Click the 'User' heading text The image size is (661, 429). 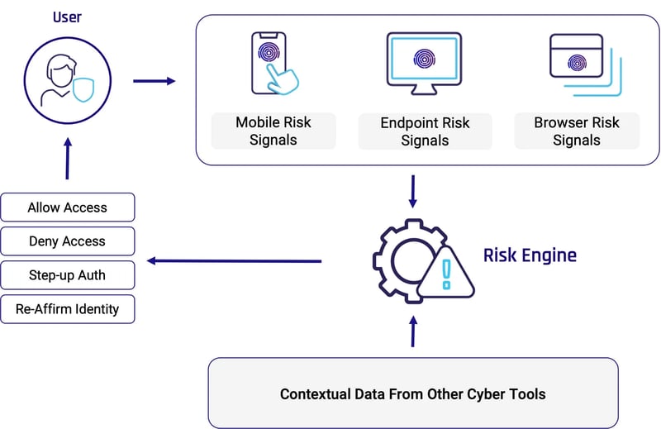(68, 16)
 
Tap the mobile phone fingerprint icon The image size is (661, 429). (273, 61)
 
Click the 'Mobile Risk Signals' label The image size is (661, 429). (273, 131)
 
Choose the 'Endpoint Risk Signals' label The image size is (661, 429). (425, 131)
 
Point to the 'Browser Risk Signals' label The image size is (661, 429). (576, 131)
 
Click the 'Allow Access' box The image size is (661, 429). (68, 207)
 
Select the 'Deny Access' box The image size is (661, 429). (68, 241)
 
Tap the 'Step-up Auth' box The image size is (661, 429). (68, 275)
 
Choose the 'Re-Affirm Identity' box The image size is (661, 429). (68, 309)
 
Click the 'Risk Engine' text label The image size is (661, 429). (530, 255)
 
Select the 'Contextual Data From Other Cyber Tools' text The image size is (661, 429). (413, 393)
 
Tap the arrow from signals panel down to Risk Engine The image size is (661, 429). (413, 191)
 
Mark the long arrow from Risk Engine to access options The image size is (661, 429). (235, 261)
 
